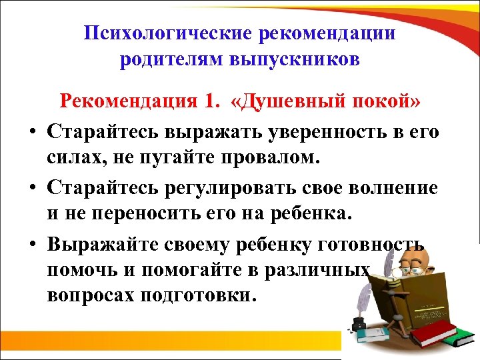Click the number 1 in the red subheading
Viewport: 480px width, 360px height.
pyautogui.click(x=211, y=102)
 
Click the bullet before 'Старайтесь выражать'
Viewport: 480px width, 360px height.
pyautogui.click(x=31, y=132)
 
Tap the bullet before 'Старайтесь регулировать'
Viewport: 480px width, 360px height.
pyautogui.click(x=31, y=188)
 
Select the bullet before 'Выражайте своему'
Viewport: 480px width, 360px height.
pyautogui.click(x=31, y=244)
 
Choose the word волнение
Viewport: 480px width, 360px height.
pyautogui.click(x=393, y=187)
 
